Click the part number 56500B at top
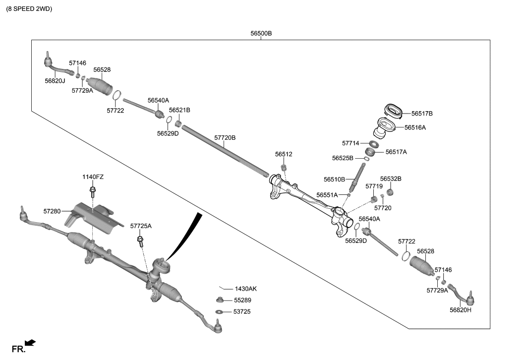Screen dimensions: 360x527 click(x=261, y=34)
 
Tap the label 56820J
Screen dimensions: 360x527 click(x=55, y=80)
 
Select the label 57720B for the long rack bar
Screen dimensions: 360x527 click(x=225, y=137)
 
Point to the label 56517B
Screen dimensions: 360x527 click(x=422, y=114)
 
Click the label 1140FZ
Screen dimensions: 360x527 click(x=93, y=177)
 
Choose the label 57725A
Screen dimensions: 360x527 click(x=141, y=226)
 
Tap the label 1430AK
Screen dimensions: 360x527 click(x=245, y=289)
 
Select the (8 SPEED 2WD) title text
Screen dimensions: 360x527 click(x=29, y=9)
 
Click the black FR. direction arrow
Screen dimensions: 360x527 click(x=30, y=343)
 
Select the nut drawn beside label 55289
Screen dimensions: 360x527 click(x=219, y=300)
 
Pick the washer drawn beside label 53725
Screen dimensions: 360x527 click(x=219, y=312)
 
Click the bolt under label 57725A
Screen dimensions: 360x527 click(x=141, y=241)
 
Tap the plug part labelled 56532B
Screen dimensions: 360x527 click(x=390, y=192)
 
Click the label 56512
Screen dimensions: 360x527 click(x=284, y=154)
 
